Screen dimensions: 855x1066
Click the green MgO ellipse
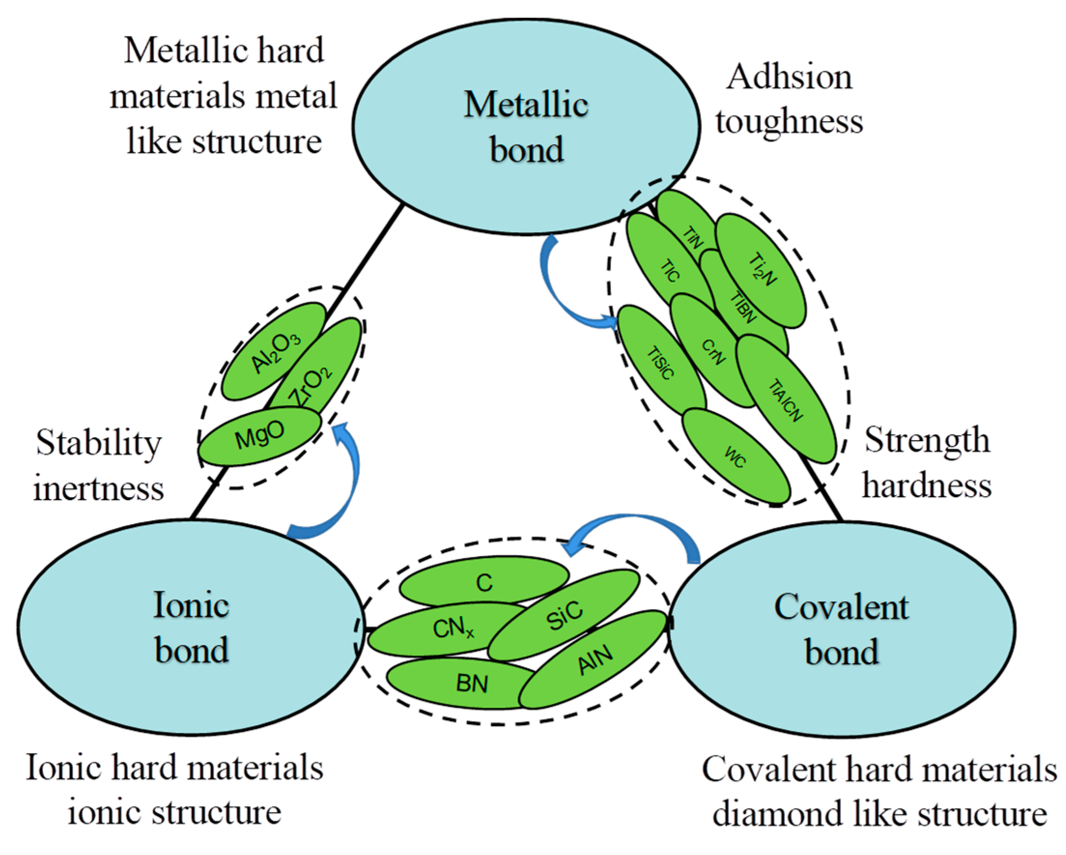[260, 436]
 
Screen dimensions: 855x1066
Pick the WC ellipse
[736, 456]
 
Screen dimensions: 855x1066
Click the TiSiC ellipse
[660, 364]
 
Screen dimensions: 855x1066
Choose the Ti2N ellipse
[761, 270]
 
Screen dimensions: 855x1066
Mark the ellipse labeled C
[485, 582]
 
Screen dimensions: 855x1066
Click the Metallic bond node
[526, 126]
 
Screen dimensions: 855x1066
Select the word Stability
[99, 442]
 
